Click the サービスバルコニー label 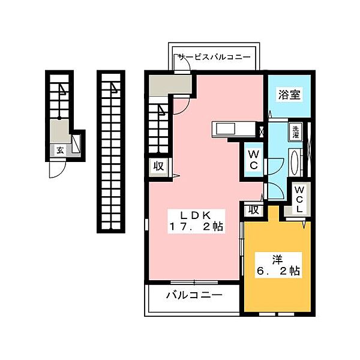point(217,57)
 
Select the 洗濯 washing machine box point(296,131)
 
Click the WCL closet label point(299,198)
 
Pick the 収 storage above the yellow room point(254,209)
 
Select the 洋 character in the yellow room point(277,259)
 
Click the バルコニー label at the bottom point(193,295)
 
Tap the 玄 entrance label point(61,151)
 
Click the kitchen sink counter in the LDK point(227,129)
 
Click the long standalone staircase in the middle point(111,150)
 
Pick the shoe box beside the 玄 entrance point(76,145)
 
